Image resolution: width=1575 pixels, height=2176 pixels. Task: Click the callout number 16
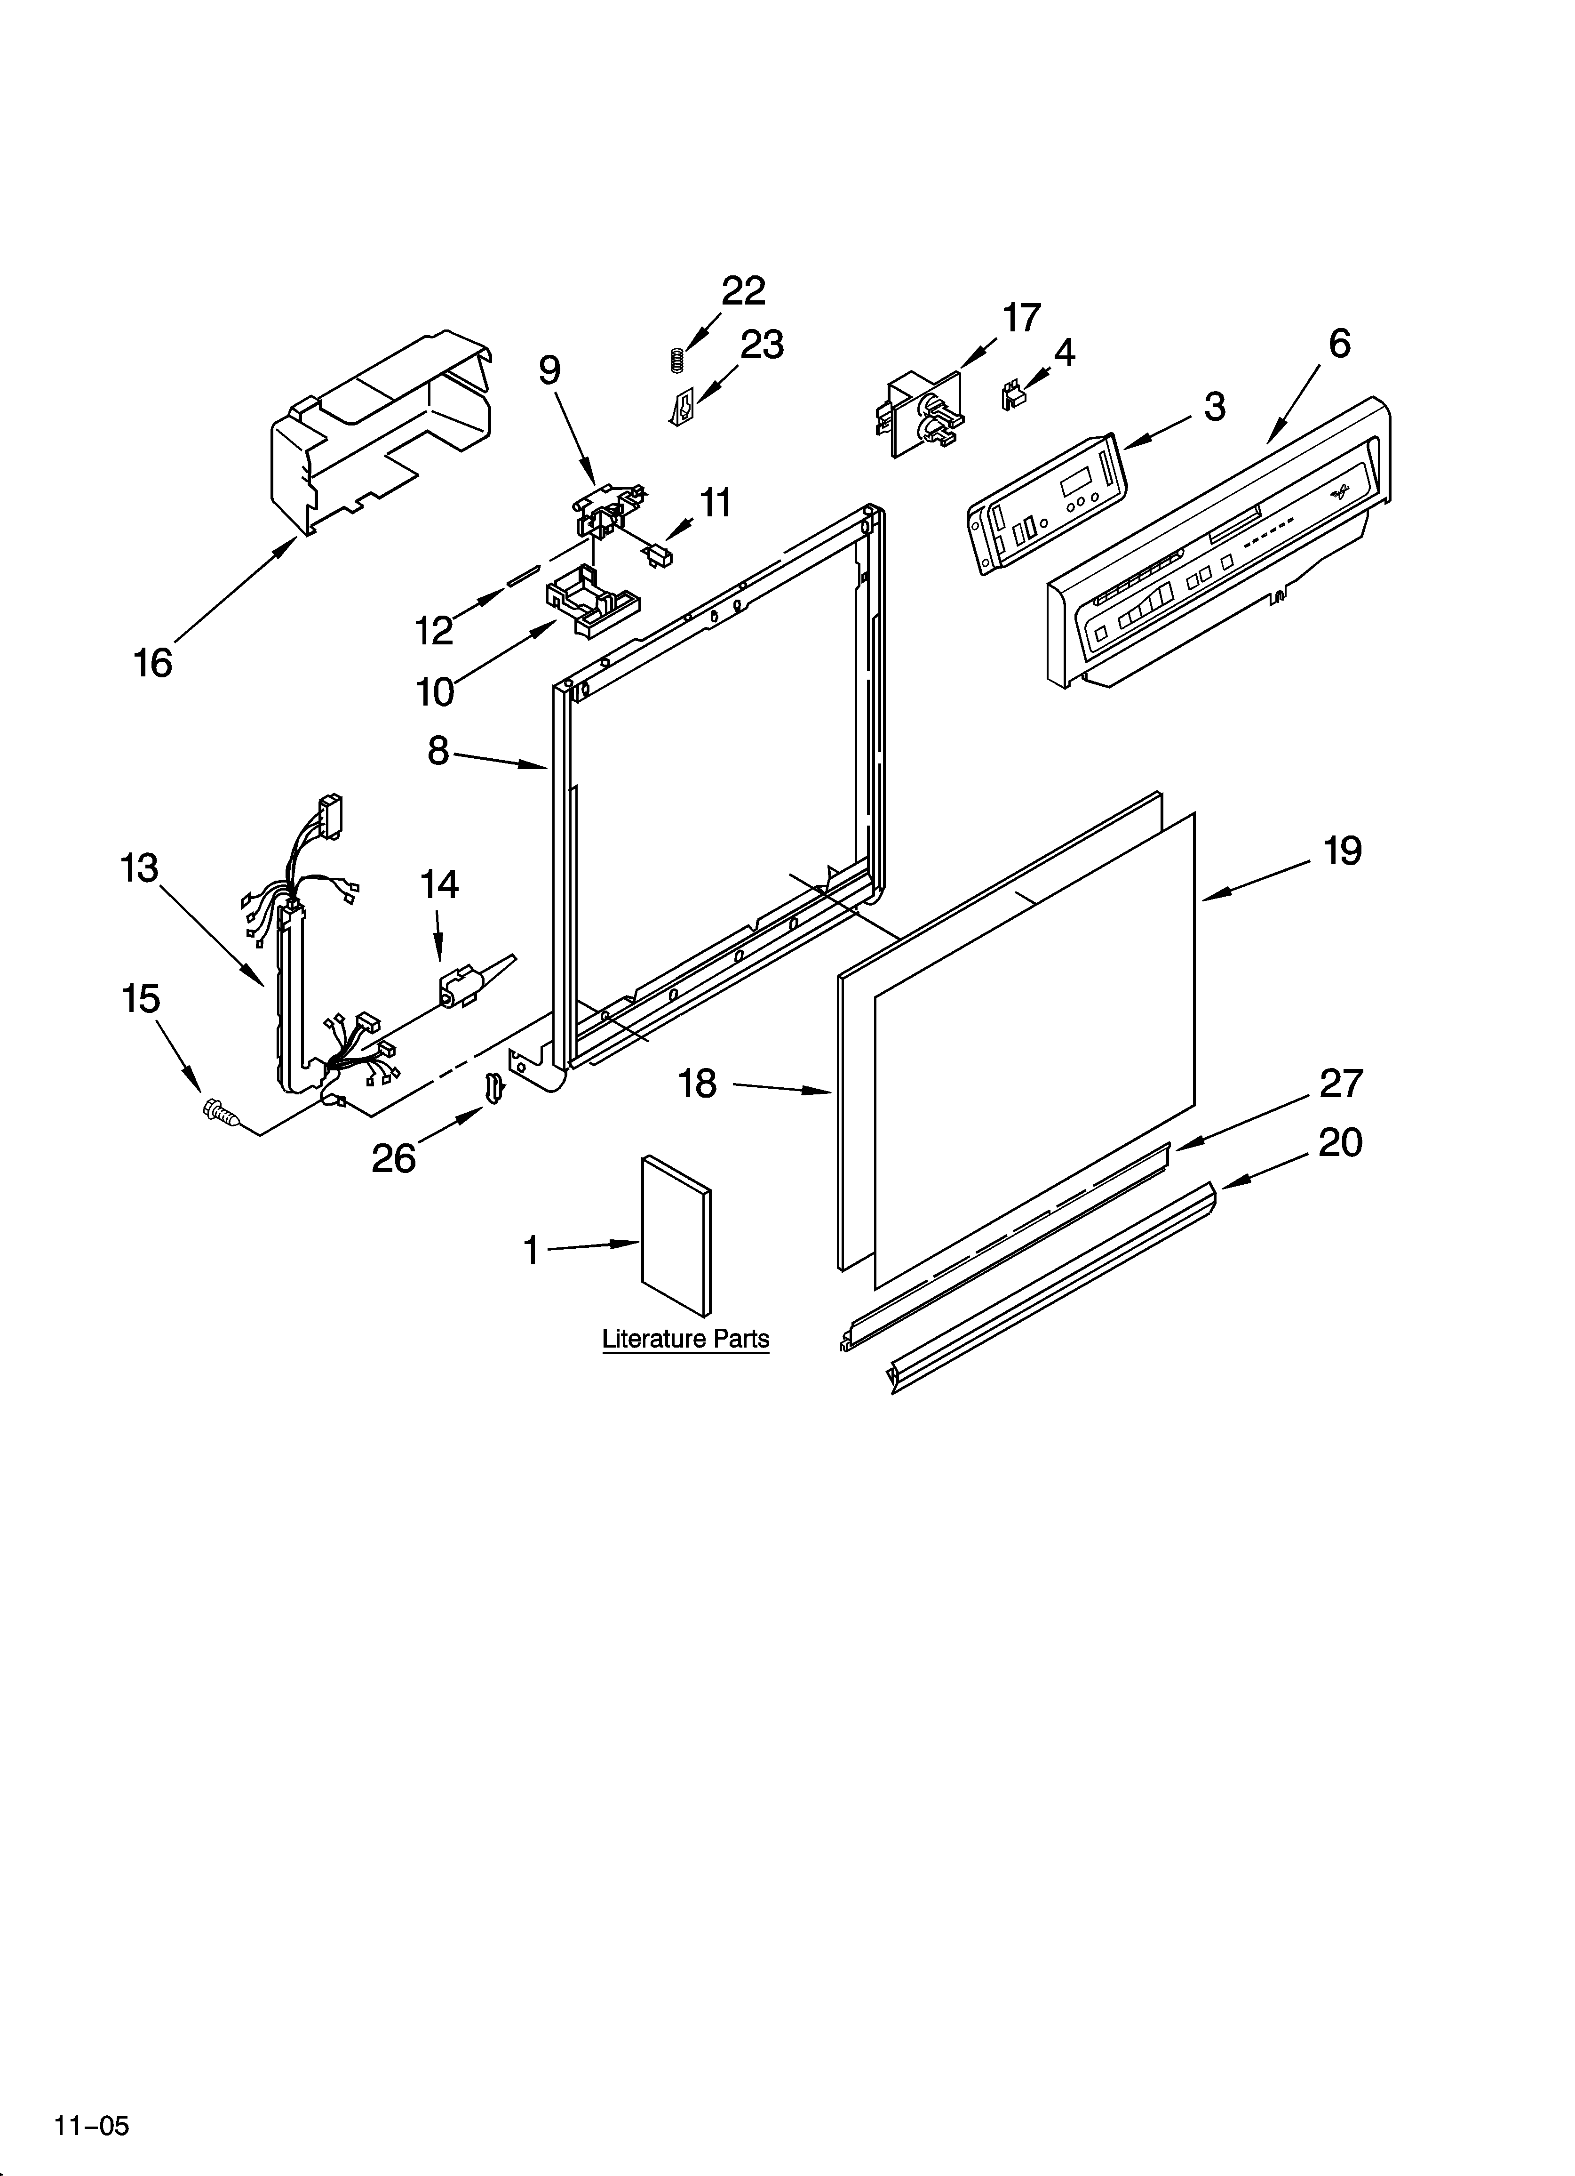coord(152,663)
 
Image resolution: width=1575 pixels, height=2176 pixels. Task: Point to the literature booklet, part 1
coord(676,1235)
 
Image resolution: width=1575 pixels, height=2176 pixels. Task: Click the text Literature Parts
coord(685,1339)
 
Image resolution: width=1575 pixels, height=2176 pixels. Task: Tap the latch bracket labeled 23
coord(681,410)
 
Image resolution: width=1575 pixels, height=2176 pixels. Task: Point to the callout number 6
coord(1339,344)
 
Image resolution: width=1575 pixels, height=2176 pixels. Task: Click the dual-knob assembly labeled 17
coord(921,415)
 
